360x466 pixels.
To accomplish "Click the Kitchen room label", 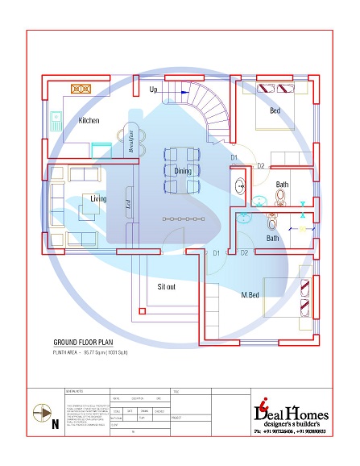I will click(x=89, y=120).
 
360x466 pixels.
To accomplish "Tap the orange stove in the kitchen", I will click(x=81, y=89).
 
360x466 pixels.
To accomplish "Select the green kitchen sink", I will click(x=57, y=121).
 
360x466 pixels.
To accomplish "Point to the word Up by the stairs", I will click(x=154, y=89).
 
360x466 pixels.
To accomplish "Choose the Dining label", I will click(x=183, y=170).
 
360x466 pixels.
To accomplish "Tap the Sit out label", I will click(x=167, y=286).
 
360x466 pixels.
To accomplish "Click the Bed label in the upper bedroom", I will click(x=275, y=110).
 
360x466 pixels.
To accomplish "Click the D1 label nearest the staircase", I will click(x=234, y=156).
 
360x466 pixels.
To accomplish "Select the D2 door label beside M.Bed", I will click(x=244, y=253).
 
